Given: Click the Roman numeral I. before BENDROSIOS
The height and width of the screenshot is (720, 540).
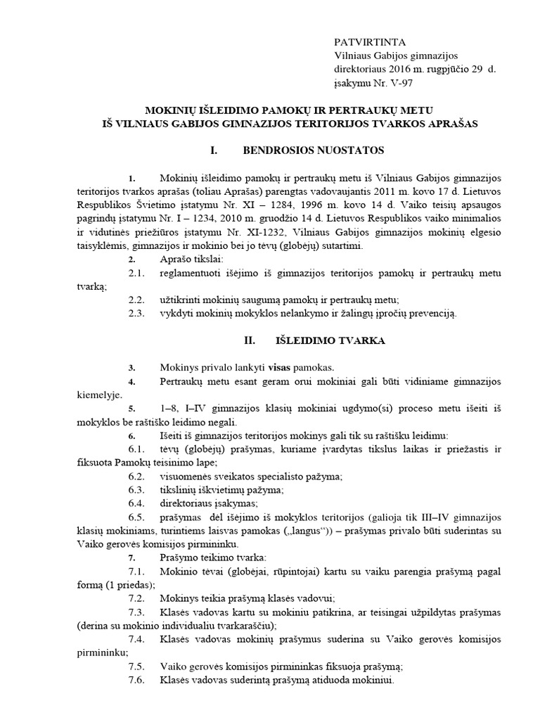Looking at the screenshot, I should coord(214,151).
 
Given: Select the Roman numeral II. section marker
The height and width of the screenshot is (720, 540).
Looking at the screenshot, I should coord(249,340).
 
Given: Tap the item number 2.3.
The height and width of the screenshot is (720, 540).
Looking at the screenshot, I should coord(137,314).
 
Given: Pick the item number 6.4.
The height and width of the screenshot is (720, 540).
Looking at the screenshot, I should coord(137,503).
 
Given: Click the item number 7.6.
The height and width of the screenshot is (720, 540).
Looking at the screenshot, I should coord(137,681).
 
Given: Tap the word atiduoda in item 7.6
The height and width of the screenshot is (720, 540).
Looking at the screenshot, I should coord(323,681).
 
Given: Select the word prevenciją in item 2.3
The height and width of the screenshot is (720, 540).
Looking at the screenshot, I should coord(430,314).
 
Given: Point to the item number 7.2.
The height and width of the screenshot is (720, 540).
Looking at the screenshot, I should coord(137,599).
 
